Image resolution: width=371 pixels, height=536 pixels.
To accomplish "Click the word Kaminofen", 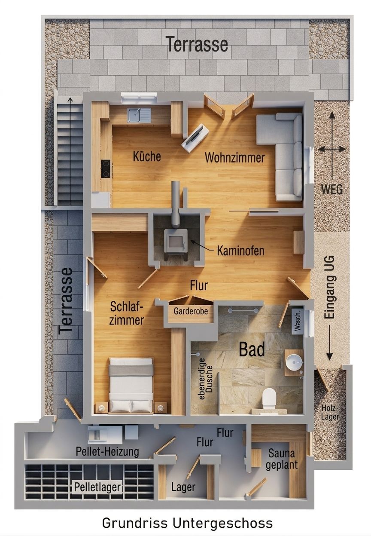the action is pyautogui.click(x=240, y=251).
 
